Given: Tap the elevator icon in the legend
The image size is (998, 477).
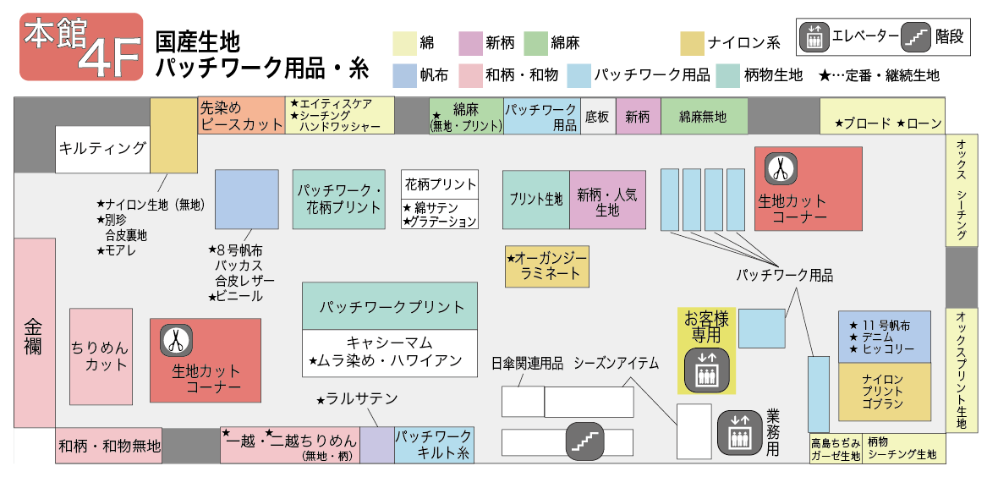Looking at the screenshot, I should pos(814,37).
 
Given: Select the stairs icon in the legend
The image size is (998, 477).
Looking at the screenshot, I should pos(916,37).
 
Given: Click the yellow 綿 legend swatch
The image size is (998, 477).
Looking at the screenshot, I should pos(403,43).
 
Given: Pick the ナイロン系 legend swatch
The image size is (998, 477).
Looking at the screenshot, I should pos(692,43).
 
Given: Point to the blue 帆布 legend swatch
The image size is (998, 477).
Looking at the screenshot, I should pos(403,75).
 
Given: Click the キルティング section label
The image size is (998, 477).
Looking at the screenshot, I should pos(102,149).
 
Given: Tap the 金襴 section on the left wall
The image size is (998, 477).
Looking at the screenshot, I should pos(34,333).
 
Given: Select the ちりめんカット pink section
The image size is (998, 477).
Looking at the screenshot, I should pos(101,356).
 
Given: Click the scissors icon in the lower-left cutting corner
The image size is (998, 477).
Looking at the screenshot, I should pos(175,340).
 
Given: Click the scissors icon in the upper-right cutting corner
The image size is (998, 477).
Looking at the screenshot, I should pos(780,169).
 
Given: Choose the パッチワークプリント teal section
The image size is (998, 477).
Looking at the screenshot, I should pos(391,306).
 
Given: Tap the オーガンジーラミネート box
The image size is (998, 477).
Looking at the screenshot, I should pos(546,266).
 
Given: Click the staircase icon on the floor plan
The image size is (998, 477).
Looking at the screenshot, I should pos(584,441).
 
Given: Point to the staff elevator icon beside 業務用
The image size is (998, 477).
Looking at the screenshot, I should pos(739,431).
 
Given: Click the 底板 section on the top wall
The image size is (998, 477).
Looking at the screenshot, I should pos(597,118).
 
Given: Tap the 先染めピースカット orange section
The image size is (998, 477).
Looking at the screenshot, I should pos(241,117).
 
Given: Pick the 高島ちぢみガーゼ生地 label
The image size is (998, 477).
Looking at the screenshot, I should pos(835,449).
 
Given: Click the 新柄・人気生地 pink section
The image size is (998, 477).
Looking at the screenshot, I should pos(607,200).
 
